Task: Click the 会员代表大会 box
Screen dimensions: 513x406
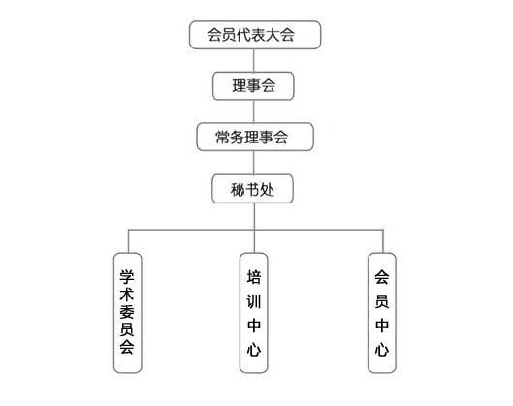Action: pos(255,35)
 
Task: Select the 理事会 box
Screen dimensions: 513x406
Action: pos(253,86)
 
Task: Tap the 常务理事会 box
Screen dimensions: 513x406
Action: pos(255,137)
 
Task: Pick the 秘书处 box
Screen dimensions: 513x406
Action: pos(252,189)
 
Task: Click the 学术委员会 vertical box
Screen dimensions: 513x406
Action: pos(128,313)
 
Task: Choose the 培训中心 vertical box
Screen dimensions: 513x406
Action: pos(253,313)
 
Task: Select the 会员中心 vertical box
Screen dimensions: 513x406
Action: pos(382,313)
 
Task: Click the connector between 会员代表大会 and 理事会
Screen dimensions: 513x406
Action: pos(254,60)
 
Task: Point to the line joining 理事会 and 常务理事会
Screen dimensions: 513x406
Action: pos(254,111)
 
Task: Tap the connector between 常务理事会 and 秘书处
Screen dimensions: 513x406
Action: pos(254,163)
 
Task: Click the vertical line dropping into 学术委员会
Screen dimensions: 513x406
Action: pos(128,241)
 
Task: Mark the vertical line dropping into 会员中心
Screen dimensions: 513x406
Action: pos(383,241)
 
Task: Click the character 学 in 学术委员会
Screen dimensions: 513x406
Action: pos(127,277)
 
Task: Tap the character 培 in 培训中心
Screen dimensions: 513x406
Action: pos(254,277)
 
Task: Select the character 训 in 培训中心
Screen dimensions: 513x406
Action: pos(254,301)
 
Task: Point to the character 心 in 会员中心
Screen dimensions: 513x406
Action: pos(382,350)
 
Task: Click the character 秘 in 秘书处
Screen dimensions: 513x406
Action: pos(238,189)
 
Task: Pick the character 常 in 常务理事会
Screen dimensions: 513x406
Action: pos(222,138)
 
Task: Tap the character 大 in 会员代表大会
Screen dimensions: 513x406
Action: pos(273,35)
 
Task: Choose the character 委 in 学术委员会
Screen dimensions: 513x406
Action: pos(127,312)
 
